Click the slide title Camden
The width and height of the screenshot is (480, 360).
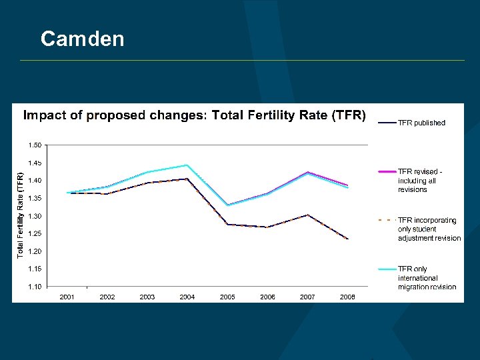point(82,39)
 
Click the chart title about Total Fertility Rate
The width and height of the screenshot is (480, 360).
point(195,115)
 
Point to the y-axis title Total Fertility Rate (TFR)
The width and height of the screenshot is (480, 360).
point(21,215)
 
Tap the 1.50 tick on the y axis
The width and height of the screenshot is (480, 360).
point(34,145)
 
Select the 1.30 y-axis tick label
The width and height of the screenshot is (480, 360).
point(34,216)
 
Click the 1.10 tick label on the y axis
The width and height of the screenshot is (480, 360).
point(34,287)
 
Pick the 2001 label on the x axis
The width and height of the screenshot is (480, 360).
point(67,297)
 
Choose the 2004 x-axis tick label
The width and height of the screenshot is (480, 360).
point(187,297)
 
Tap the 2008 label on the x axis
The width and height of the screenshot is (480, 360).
point(347,297)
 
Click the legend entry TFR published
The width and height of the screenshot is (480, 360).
point(421,123)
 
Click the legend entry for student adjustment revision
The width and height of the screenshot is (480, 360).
point(429,229)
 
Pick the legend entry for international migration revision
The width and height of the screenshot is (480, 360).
point(427,278)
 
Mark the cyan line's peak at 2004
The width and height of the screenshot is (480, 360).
point(187,165)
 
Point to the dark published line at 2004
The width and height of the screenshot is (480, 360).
point(187,179)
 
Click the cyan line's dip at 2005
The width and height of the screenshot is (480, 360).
point(227,205)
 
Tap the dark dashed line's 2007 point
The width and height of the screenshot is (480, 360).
point(307,215)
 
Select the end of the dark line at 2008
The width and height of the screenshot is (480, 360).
point(347,239)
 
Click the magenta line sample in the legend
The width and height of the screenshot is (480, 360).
point(387,172)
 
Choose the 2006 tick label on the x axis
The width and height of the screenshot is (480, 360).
point(267,297)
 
